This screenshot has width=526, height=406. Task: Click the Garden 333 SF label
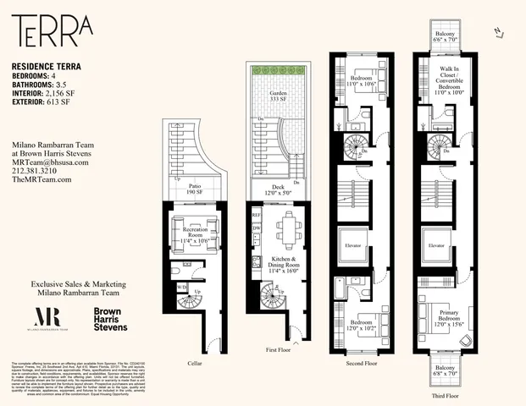tap(275, 97)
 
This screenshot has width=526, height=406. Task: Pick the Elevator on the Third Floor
tap(437, 245)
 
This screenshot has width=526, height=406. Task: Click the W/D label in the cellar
tap(181, 287)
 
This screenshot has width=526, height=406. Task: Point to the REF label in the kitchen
tap(256, 215)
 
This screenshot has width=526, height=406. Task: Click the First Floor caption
tap(277, 348)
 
